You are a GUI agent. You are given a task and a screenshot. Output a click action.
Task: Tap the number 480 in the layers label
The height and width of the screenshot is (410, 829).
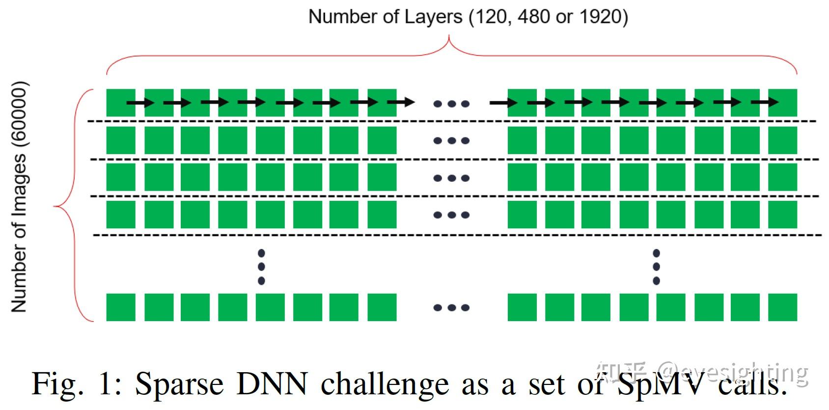(533, 17)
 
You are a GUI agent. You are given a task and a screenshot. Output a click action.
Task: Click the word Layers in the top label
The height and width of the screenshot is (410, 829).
(433, 17)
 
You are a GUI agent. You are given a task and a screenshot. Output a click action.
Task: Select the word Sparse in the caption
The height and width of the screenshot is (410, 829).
(179, 384)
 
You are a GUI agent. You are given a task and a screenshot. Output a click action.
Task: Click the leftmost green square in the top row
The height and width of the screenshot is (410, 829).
(121, 103)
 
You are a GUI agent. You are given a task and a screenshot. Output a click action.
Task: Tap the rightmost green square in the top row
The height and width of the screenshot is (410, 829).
(783, 103)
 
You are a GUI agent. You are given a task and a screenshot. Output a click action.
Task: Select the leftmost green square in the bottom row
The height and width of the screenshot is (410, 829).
(121, 307)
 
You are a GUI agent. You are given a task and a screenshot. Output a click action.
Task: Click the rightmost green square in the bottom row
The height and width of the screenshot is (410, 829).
(783, 307)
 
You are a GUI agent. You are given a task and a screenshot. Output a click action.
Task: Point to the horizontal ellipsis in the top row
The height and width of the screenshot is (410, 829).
(451, 104)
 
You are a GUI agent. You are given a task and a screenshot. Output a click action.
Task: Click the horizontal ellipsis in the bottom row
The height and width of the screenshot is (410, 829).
(451, 308)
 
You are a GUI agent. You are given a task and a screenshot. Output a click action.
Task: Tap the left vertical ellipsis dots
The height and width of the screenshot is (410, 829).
(261, 267)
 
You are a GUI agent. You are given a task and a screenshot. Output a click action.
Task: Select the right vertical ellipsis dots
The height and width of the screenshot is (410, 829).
(656, 267)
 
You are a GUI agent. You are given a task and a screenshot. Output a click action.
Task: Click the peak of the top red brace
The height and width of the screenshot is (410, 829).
(449, 38)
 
